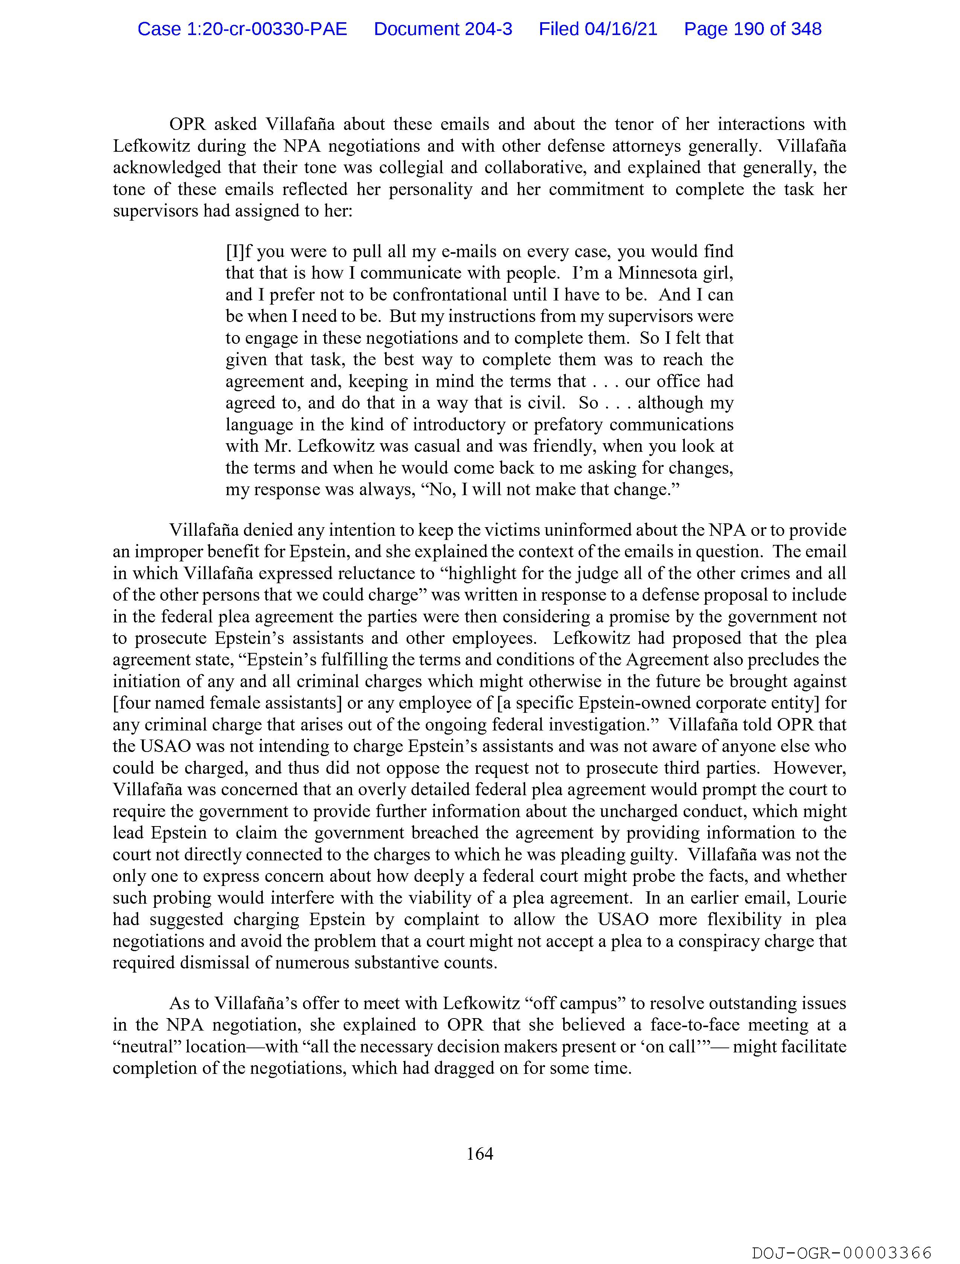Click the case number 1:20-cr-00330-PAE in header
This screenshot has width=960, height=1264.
242,29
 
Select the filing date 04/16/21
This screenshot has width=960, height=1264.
621,29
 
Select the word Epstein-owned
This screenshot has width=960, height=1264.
605,703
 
